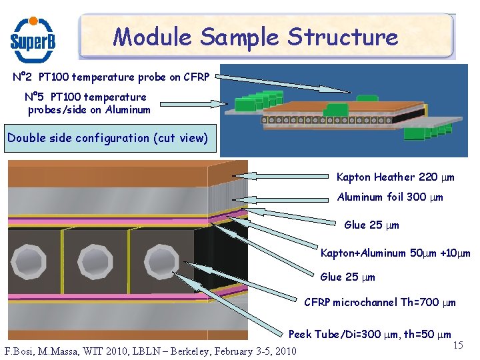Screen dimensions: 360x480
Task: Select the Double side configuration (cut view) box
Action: (x=107, y=138)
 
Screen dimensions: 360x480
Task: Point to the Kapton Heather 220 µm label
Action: (x=395, y=177)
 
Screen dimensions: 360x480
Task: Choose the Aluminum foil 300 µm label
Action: (x=390, y=197)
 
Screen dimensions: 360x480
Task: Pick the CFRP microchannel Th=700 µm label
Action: (x=380, y=302)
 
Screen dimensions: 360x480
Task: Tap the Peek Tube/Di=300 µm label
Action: (x=369, y=334)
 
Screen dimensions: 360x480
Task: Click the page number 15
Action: (x=458, y=345)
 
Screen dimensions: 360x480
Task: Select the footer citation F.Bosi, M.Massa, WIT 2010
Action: (x=150, y=351)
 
